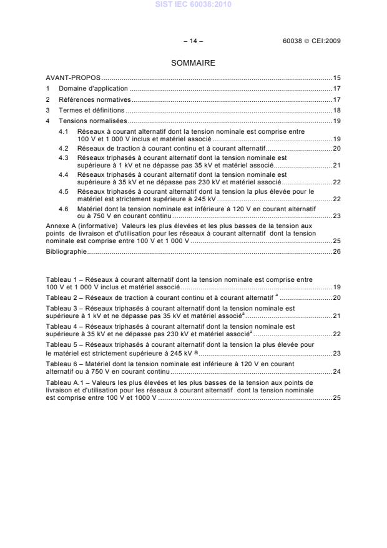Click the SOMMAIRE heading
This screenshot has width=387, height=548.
[193, 63]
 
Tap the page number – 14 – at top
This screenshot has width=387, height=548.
[193, 41]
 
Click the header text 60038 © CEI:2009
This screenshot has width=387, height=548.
[311, 41]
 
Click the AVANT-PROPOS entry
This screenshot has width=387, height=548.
[73, 78]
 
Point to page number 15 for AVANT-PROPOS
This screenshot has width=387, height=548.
[336, 78]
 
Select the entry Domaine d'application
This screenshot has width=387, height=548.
[93, 89]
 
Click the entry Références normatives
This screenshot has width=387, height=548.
[94, 99]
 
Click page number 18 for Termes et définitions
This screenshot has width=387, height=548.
[336, 110]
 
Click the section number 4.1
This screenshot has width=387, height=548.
[64, 132]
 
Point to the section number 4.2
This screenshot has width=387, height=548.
[64, 148]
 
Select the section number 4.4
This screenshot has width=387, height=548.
[64, 175]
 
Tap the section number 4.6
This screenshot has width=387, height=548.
[64, 207]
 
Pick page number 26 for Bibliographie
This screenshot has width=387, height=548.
[336, 252]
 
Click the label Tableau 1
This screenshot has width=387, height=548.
[62, 279]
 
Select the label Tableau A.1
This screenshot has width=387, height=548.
[65, 382]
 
